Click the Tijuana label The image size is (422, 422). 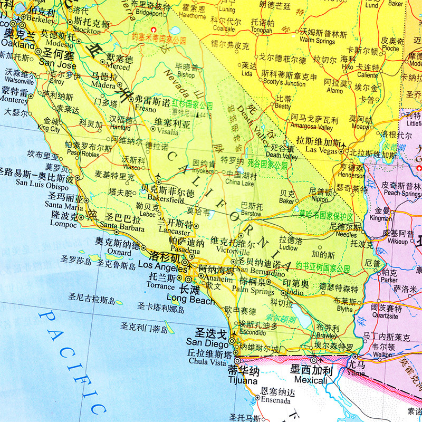pos(243,380)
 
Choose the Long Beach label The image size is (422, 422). pos(191,300)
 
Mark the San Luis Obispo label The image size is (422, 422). pos(42,186)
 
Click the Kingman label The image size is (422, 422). pos(381,217)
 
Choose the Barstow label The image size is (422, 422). pos(251,214)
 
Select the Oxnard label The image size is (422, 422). pos(118,253)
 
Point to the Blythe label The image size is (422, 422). pos(344,309)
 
